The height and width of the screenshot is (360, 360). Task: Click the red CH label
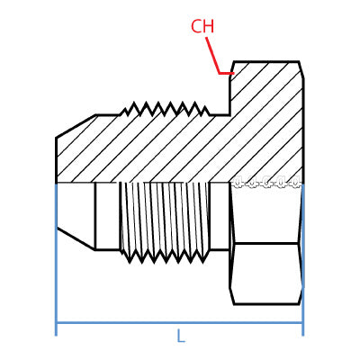[202, 27]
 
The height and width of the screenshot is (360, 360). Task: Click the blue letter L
[180, 337]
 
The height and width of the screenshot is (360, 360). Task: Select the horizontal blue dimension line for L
[135, 322]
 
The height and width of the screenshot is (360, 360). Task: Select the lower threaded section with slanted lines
[164, 216]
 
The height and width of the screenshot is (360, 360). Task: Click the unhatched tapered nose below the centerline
[75, 211]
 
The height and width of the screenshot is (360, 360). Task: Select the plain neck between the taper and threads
[107, 216]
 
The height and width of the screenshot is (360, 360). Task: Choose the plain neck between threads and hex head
[220, 216]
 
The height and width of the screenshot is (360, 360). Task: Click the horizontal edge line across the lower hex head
[265, 243]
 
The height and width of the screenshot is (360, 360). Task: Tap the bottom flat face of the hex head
[266, 303]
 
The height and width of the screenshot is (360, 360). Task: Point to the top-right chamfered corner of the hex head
[301, 69]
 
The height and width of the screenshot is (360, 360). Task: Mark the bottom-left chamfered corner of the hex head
[232, 296]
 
